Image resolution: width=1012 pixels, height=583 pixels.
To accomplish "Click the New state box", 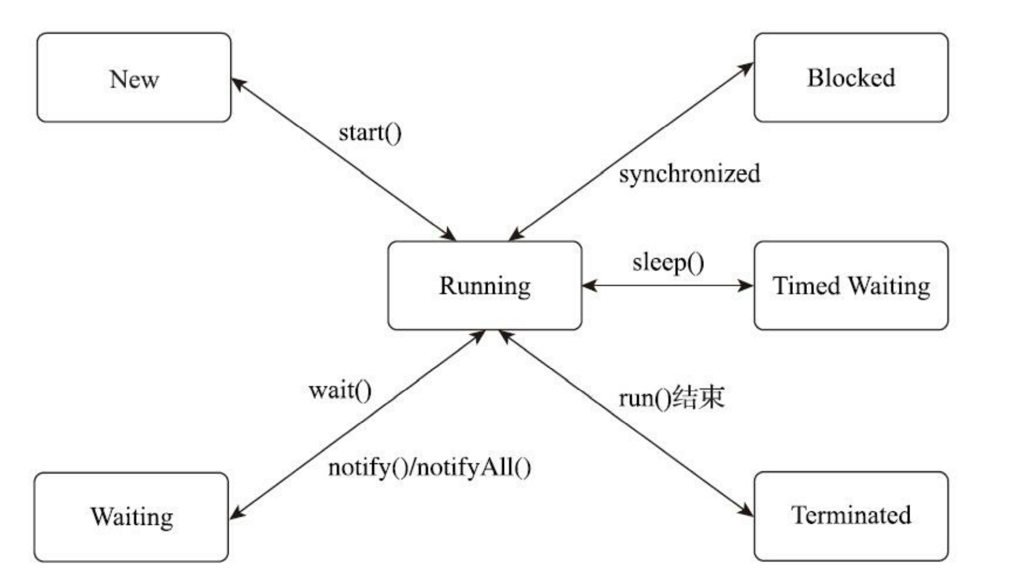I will click(134, 78).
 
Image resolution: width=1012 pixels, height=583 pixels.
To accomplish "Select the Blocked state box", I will click(850, 78).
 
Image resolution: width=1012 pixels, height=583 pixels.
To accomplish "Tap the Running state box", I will click(484, 285).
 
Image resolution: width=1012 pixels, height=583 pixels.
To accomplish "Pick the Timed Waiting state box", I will click(850, 285).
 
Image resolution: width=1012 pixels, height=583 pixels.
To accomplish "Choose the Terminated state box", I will click(850, 515).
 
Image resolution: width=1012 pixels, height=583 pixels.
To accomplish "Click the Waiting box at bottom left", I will click(131, 516).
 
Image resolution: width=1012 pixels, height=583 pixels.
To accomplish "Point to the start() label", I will click(370, 133).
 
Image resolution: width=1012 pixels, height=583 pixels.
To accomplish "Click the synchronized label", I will click(689, 174).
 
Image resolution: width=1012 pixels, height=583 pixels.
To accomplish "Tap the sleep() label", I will click(668, 263).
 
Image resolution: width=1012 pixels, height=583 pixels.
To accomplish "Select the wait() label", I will click(340, 390).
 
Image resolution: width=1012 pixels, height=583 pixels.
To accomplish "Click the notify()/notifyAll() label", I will click(429, 467).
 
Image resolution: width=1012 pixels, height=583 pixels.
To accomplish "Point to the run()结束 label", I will click(671, 397).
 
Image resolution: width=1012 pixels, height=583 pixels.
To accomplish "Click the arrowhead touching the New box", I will click(238, 83).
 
